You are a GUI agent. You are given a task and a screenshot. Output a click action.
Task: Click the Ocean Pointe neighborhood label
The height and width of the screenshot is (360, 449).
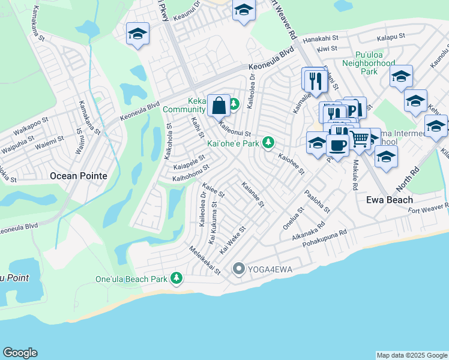78,176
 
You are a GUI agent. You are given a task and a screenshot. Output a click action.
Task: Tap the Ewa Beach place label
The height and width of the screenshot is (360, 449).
390,200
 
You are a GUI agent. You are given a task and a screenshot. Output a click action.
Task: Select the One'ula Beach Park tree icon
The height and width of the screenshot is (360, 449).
176,278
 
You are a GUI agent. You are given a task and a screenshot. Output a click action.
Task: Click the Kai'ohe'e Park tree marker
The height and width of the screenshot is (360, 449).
270,143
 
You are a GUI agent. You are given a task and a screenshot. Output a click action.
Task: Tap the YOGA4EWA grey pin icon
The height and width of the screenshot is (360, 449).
238,269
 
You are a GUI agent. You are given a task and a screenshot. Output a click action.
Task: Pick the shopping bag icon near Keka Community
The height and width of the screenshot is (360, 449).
219,106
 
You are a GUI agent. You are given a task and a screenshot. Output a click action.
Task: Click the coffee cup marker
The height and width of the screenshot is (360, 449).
338,145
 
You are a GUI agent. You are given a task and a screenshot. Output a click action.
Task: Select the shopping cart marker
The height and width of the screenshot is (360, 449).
359,139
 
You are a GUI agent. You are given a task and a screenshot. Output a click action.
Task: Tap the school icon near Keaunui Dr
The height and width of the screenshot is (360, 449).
244,10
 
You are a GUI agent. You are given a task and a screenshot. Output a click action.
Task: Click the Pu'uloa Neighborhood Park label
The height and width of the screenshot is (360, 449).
367,62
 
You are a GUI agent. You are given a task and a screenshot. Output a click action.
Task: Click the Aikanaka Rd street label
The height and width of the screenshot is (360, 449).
306,233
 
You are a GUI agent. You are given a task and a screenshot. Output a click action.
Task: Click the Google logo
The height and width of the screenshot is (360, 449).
20,353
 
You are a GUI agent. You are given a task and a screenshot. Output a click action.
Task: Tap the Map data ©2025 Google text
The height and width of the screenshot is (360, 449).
411,355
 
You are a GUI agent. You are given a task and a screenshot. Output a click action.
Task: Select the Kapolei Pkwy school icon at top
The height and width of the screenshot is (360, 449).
137,34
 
